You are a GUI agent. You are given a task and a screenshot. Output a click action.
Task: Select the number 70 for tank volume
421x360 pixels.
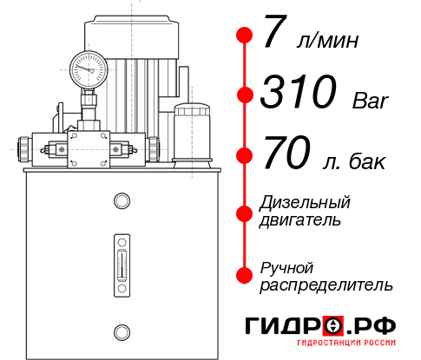(x=286, y=156)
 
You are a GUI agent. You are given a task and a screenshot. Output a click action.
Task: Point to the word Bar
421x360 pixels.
(x=372, y=101)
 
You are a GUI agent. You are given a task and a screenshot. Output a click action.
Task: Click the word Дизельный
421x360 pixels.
(x=306, y=202)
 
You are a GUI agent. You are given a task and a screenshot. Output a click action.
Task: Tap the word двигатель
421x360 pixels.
(x=300, y=219)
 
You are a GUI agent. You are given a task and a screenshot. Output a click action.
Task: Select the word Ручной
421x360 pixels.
(x=286, y=266)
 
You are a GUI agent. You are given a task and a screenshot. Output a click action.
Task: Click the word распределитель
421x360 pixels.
(x=326, y=284)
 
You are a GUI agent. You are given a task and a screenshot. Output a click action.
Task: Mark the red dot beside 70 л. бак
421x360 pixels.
(x=245, y=156)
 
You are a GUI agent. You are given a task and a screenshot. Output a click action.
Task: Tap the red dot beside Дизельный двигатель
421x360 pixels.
(x=245, y=211)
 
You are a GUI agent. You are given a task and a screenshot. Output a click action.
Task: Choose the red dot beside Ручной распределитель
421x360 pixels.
(x=245, y=274)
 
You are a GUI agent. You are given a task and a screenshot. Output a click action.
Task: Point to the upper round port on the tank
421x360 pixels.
(x=122, y=202)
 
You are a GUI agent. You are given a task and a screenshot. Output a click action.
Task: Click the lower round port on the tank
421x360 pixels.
(x=122, y=331)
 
